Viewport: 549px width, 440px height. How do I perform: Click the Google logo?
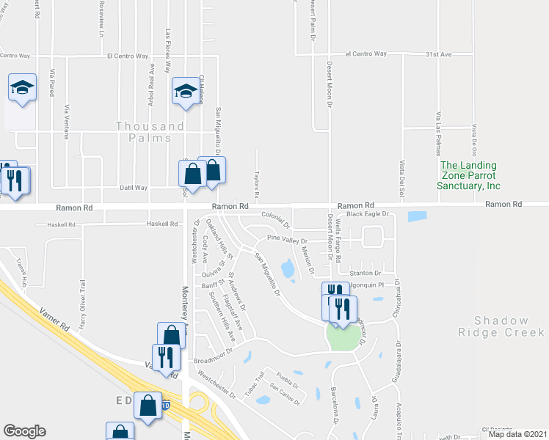[25, 431]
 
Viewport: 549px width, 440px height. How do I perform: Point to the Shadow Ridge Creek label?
[501, 326]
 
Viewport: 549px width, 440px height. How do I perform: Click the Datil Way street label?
[134, 188]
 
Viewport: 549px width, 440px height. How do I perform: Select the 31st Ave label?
[440, 54]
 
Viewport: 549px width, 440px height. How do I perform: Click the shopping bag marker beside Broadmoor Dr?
[171, 335]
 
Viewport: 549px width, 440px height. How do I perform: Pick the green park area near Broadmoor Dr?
[345, 337]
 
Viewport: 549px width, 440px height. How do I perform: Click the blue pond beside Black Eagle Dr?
[418, 216]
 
